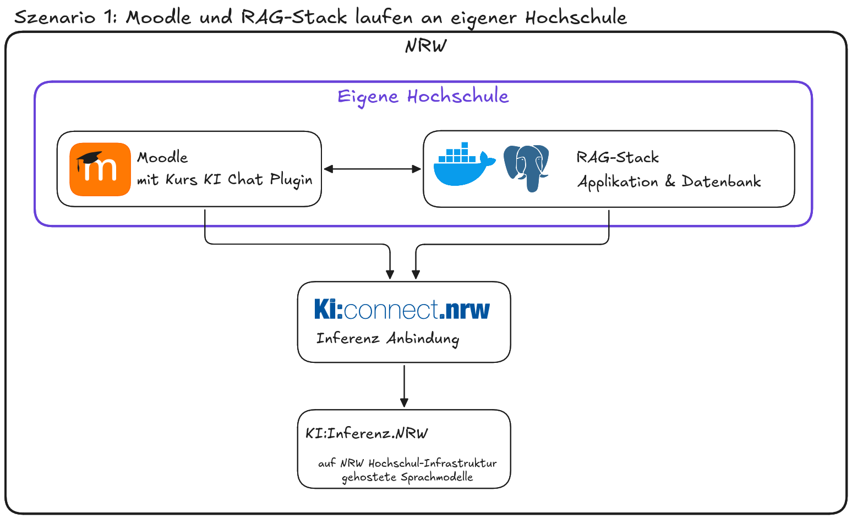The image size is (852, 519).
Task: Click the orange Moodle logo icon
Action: point(100,169)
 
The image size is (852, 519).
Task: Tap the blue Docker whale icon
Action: point(463,165)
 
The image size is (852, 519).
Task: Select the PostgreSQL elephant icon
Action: point(527,167)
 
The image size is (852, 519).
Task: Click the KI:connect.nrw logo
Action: point(402,310)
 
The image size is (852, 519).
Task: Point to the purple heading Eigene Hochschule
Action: point(423,96)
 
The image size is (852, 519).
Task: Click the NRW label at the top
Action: point(425,46)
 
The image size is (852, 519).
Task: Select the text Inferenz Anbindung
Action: point(387,338)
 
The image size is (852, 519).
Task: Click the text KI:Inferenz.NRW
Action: point(367,433)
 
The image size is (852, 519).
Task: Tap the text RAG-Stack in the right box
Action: point(618,158)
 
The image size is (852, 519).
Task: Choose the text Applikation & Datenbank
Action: point(669,182)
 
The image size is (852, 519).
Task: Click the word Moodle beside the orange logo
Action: point(162,158)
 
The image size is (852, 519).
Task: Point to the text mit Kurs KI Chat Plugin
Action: point(225,180)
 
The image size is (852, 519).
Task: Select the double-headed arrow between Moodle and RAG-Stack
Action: point(372,169)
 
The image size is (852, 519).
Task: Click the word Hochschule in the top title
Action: point(576,18)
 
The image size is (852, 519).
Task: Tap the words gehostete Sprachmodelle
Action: point(407,477)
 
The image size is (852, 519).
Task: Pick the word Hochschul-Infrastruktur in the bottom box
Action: point(433,463)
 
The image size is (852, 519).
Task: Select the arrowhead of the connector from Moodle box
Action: point(390,274)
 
